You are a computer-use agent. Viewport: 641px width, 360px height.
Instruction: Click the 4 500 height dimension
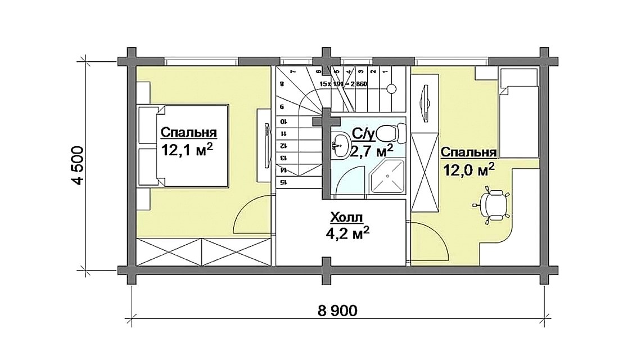78,164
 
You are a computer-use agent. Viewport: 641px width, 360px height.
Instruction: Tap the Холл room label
347,217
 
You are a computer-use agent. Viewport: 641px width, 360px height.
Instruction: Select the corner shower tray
387,177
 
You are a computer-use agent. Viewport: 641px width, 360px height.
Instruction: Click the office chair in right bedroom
493,205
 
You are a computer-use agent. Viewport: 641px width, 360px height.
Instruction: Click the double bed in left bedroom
183,146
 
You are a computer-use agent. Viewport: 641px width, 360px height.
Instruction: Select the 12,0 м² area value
469,169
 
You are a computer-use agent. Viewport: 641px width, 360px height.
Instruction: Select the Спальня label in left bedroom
189,133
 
